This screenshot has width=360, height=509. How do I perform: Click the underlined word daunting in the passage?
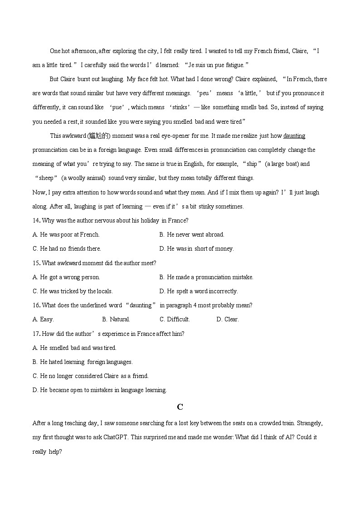pyautogui.click(x=294, y=136)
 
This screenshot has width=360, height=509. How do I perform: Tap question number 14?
pyautogui.click(x=36, y=221)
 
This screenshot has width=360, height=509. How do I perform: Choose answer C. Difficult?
pyautogui.click(x=175, y=320)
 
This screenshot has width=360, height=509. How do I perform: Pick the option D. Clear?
pyautogui.click(x=227, y=320)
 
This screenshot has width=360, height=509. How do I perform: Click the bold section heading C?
pyautogui.click(x=180, y=407)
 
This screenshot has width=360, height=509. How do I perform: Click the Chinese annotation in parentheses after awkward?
pyautogui.click(x=99, y=136)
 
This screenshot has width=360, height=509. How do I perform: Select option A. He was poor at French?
pyautogui.click(x=66, y=235)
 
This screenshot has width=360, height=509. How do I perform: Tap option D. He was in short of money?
pyautogui.click(x=196, y=249)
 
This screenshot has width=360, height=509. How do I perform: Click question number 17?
pyautogui.click(x=36, y=334)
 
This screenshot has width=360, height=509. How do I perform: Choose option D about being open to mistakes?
pyautogui.click(x=100, y=390)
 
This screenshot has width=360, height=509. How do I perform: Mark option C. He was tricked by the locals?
pyautogui.click(x=73, y=291)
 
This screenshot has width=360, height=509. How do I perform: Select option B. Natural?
pyautogui.click(x=116, y=320)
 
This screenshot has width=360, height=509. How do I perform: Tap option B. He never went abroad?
pyautogui.click(x=192, y=235)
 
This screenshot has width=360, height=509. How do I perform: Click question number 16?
pyautogui.click(x=36, y=305)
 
